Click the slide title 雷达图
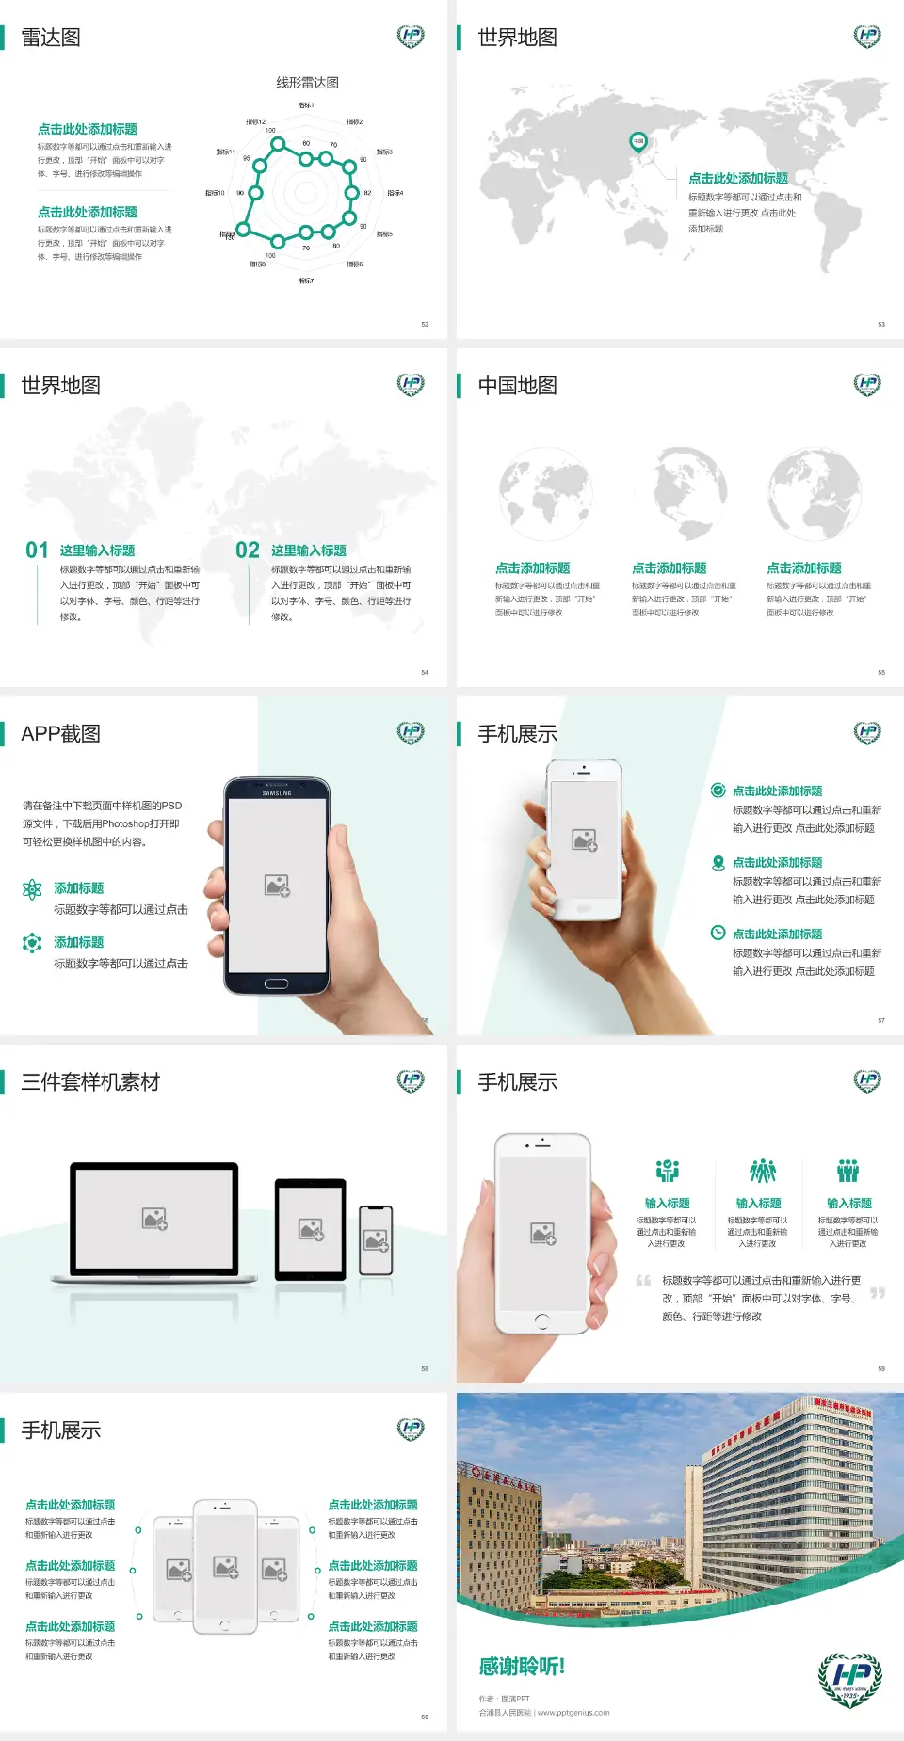pyautogui.click(x=51, y=38)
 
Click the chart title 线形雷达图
pyautogui.click(x=307, y=83)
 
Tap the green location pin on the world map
pyautogui.click(x=638, y=142)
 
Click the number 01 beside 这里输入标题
pyautogui.click(x=37, y=551)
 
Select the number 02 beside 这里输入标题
pyautogui.click(x=248, y=551)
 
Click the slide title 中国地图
pyautogui.click(x=517, y=386)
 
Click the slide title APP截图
pyautogui.click(x=61, y=734)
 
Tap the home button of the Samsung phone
pyautogui.click(x=276, y=983)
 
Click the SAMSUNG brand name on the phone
pyautogui.click(x=277, y=793)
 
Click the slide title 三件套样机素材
pyautogui.click(x=90, y=1082)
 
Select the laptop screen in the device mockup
pyautogui.click(x=154, y=1219)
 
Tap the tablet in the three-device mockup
pyautogui.click(x=311, y=1228)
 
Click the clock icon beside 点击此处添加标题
pyautogui.click(x=718, y=933)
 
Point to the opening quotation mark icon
pyautogui.click(x=643, y=1280)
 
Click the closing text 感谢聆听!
pyautogui.click(x=522, y=1667)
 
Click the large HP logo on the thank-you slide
pyautogui.click(x=850, y=1679)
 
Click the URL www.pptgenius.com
pyautogui.click(x=573, y=1713)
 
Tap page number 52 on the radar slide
pyautogui.click(x=425, y=324)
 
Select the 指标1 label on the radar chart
pyautogui.click(x=306, y=105)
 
